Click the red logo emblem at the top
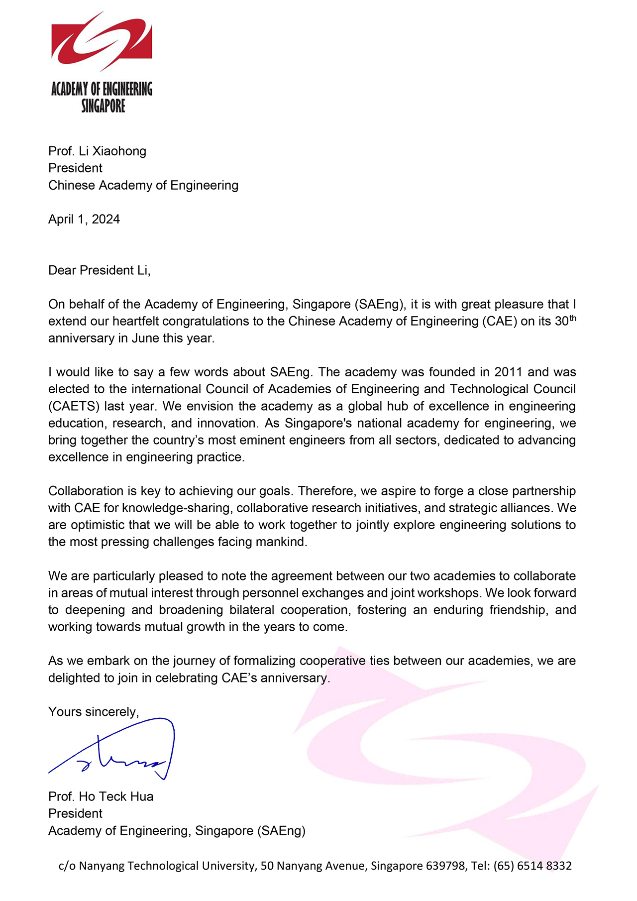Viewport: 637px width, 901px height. pos(102,43)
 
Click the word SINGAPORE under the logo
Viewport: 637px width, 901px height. pos(103,106)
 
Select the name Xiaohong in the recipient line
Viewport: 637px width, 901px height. pos(119,151)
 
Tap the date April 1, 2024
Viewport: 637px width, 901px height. pos(84,219)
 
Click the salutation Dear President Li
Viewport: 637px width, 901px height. pos(99,270)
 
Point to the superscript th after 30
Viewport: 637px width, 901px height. pos(572,318)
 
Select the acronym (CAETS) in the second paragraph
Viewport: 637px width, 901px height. pos(73,406)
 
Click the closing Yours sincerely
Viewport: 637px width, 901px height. pos(94,712)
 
